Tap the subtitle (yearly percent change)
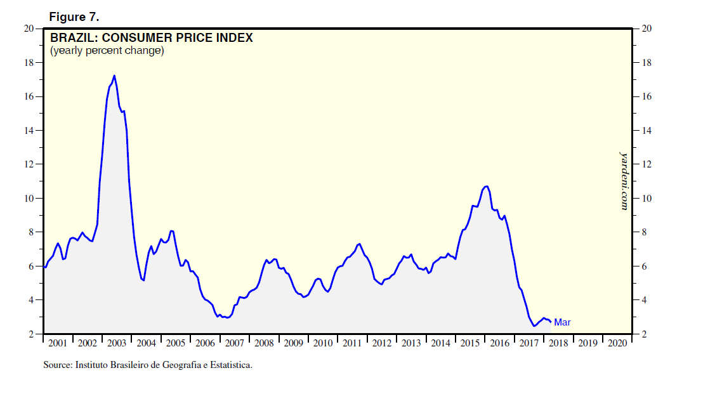(x=107, y=51)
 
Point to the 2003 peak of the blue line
(x=114, y=76)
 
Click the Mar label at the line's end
(x=562, y=322)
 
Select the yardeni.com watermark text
(x=624, y=180)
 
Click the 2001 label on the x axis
(x=58, y=343)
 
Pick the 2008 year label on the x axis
(x=264, y=343)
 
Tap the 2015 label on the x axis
(x=470, y=343)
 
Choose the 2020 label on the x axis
(x=617, y=343)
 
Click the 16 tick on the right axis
(x=647, y=97)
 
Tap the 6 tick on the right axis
(x=645, y=266)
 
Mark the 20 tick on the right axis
(x=647, y=29)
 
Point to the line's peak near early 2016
(x=487, y=186)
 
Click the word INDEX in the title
(x=235, y=38)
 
